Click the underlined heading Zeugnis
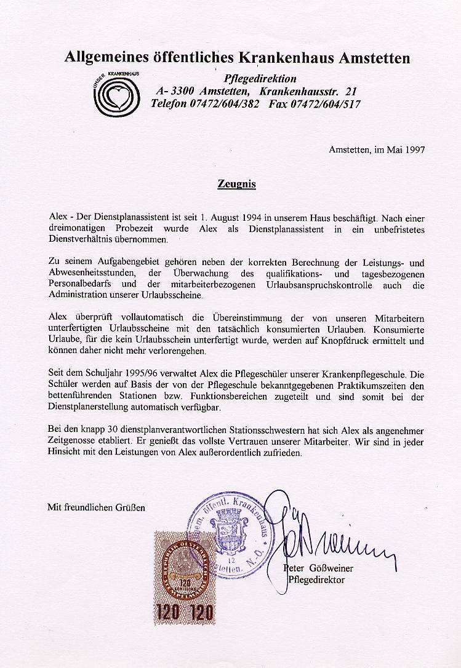tap(236, 184)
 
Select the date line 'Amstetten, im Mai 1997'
tap(377, 149)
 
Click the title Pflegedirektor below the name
tap(316, 579)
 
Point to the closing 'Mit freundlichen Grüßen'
tap(97, 507)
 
